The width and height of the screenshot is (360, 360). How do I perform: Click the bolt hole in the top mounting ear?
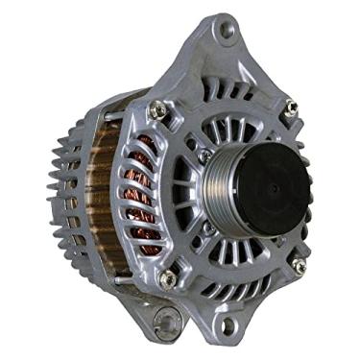click(x=226, y=31)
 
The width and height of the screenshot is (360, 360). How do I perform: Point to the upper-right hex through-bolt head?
click(x=291, y=108)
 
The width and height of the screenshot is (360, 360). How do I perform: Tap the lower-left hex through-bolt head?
click(x=169, y=278)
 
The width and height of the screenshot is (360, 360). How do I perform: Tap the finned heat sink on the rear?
click(x=63, y=192)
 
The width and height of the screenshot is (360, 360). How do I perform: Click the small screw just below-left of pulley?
click(x=205, y=228)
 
